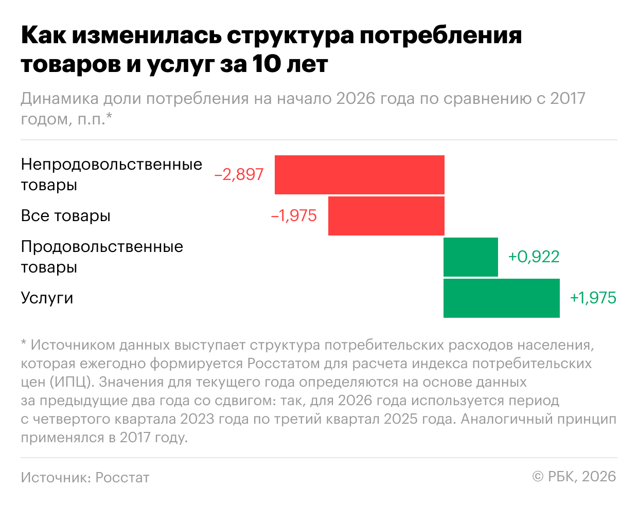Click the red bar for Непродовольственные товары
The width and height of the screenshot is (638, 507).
(359, 174)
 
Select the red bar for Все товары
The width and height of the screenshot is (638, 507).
(386, 215)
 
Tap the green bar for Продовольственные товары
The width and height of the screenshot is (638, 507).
(470, 257)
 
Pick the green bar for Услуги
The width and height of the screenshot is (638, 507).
(501, 298)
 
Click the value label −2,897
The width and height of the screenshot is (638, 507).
(239, 174)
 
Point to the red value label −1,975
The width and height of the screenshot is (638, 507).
(294, 215)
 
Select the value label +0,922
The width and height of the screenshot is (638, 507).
(534, 257)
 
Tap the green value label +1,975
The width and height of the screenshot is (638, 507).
(593, 298)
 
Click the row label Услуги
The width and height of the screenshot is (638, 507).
(47, 298)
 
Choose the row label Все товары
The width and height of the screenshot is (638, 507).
(65, 216)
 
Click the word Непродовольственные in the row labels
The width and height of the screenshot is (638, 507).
(111, 165)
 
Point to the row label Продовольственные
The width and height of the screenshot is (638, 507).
(102, 247)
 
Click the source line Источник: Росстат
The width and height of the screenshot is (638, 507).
(85, 477)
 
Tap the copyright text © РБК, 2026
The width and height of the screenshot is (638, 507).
(574, 477)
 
